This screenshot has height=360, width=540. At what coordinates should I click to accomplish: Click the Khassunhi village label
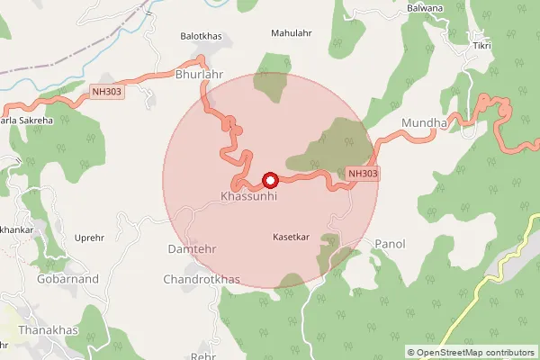(247, 195)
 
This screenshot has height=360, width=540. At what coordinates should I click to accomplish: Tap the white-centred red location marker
(268, 180)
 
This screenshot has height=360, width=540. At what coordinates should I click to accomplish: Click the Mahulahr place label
(291, 33)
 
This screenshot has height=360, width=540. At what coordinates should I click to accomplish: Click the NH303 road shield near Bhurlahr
(106, 91)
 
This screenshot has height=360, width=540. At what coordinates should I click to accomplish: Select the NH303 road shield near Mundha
(362, 173)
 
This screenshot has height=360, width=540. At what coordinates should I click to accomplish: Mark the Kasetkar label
(291, 237)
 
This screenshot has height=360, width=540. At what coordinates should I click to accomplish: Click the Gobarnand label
(42, 279)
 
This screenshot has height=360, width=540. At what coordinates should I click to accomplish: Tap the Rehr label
(204, 355)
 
